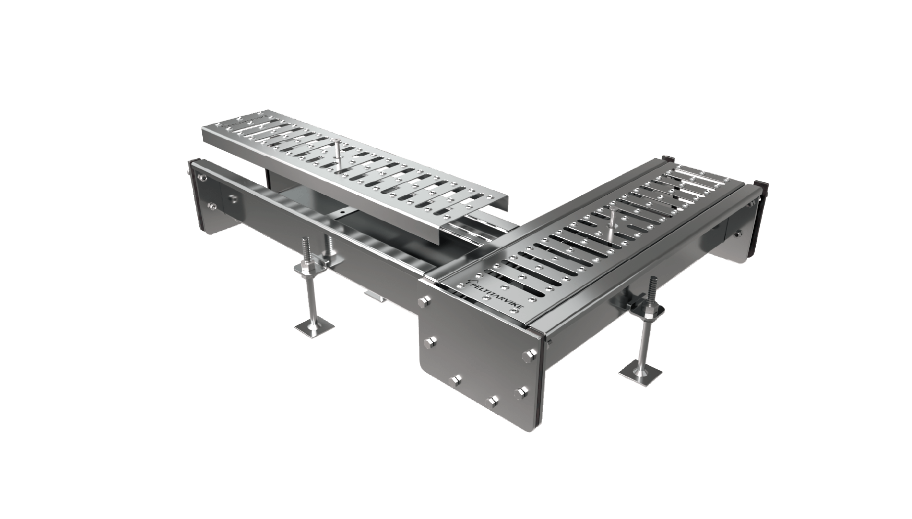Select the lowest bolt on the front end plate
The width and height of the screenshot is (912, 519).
coord(493,400)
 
